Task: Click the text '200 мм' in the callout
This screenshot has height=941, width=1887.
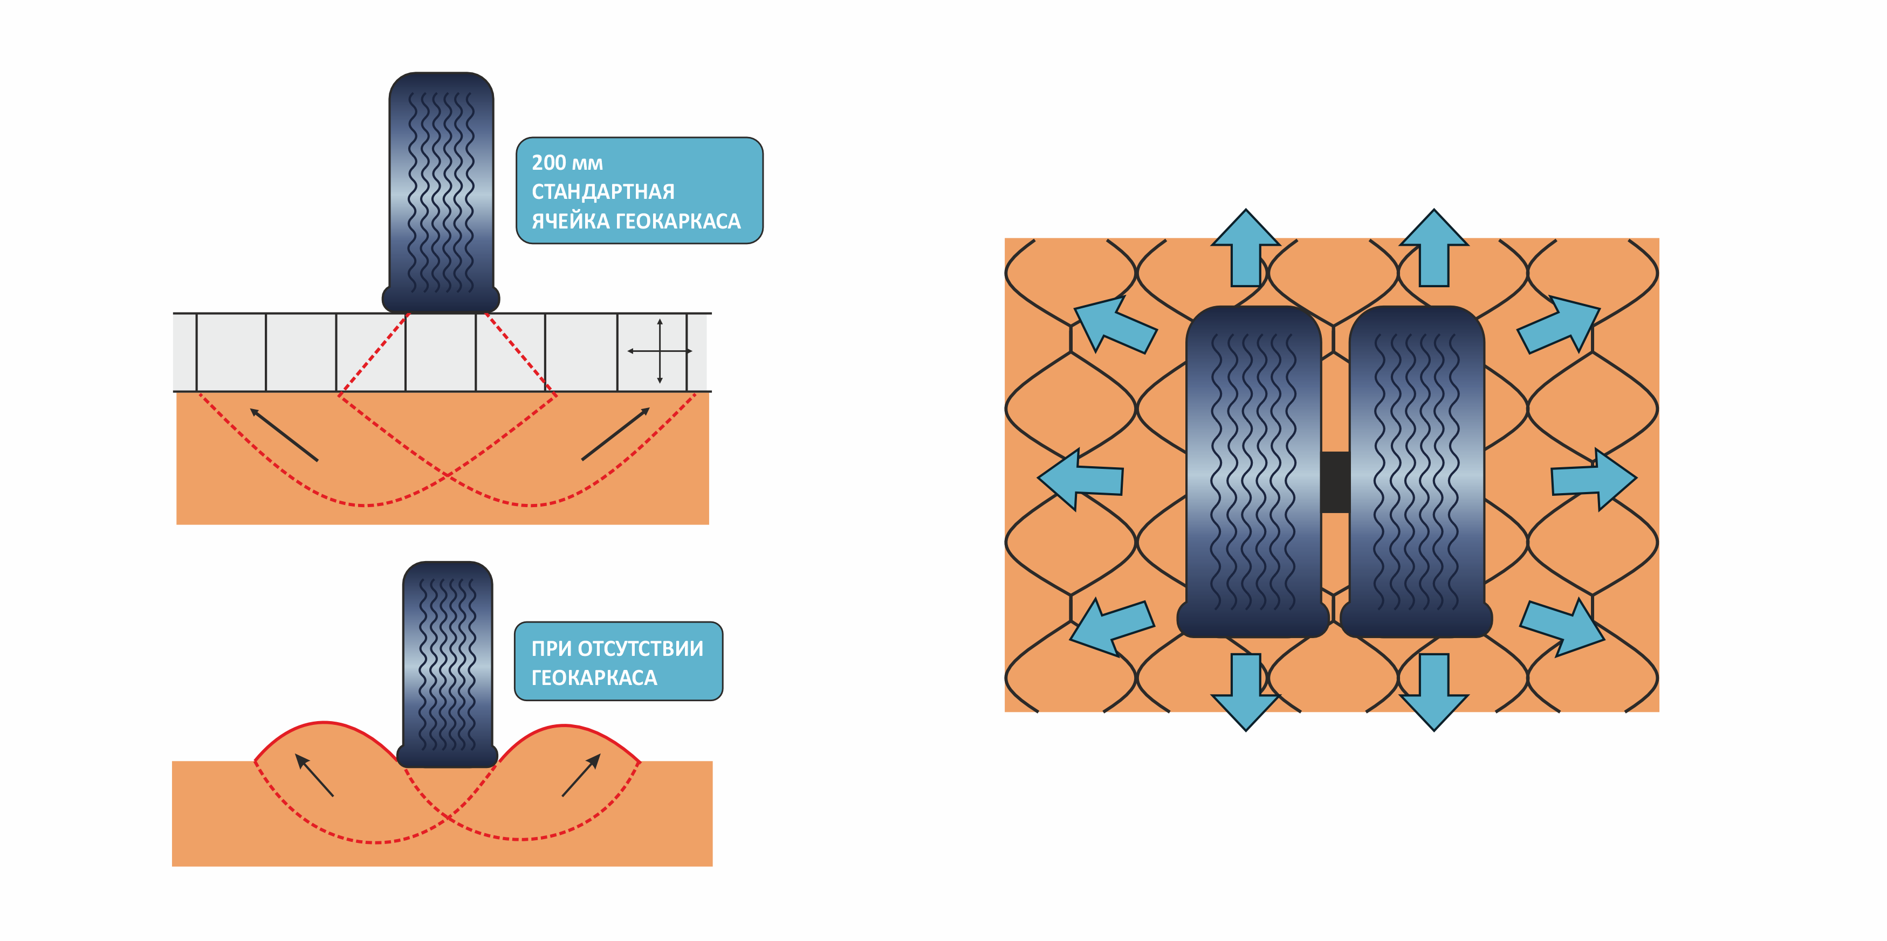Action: click(567, 163)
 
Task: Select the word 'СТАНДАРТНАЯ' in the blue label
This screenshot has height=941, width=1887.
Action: click(603, 192)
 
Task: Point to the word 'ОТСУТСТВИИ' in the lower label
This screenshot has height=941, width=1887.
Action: click(640, 649)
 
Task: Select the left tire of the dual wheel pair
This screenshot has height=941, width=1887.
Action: click(1253, 472)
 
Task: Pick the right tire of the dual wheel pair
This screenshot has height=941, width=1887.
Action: click(1417, 472)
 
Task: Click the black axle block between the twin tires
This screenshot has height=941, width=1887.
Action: click(1335, 481)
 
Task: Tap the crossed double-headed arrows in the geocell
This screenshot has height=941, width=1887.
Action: click(659, 351)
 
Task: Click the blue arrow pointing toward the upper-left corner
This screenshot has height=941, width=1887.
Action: click(1113, 325)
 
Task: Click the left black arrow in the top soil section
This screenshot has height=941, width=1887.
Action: click(284, 435)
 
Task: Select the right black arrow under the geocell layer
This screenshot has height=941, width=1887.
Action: click(615, 434)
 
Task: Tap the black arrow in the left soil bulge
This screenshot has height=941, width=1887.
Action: click(314, 775)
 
